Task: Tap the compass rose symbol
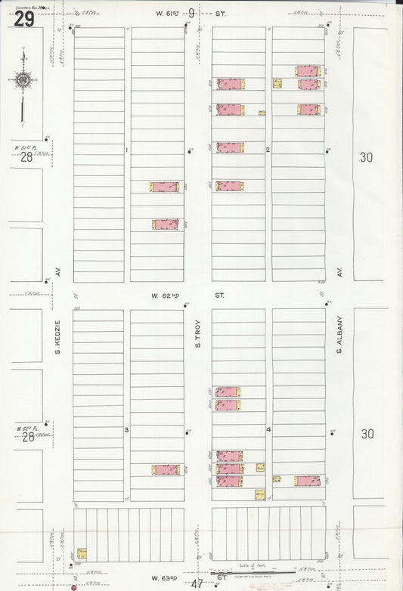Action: click(x=23, y=79)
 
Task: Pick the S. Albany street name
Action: click(x=340, y=333)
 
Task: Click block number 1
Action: click(x=126, y=150)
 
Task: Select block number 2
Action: click(x=268, y=150)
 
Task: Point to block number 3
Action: click(x=126, y=430)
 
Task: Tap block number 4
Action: click(x=268, y=430)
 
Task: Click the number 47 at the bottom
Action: click(x=197, y=584)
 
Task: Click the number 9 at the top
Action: click(x=191, y=13)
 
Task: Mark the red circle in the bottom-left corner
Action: click(x=74, y=586)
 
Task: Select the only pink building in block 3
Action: click(x=166, y=469)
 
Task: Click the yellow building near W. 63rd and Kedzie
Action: click(x=82, y=554)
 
